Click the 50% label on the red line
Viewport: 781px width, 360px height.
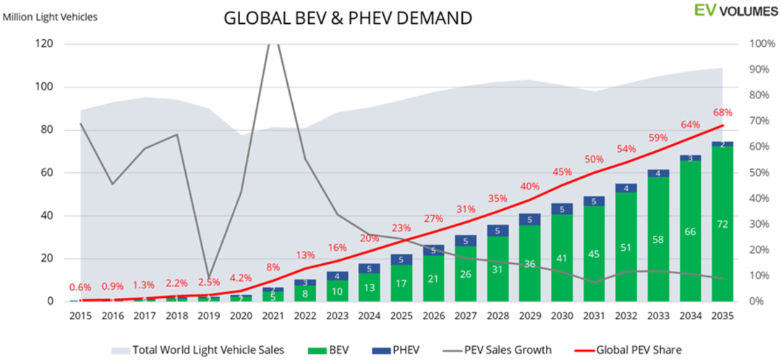pos(594,159)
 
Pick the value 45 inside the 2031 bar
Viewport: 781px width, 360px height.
pos(594,254)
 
